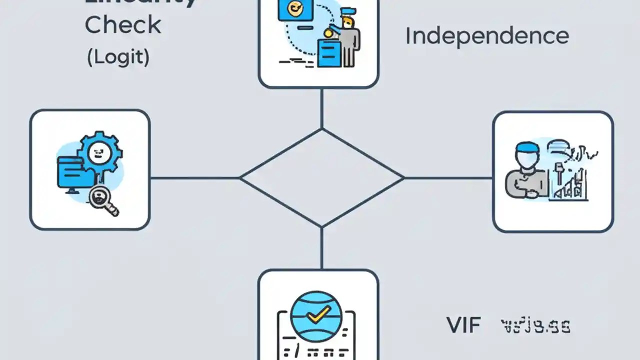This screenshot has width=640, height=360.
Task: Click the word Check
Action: [122, 25]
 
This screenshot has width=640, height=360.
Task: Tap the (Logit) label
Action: [118, 57]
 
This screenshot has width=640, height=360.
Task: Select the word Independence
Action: [486, 36]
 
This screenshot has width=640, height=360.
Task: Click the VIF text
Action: [463, 325]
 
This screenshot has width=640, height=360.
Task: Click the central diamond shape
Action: [321, 177]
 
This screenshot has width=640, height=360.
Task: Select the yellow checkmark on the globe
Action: [317, 314]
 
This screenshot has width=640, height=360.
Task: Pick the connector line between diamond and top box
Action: [321, 108]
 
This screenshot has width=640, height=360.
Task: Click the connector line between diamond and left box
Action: [195, 177]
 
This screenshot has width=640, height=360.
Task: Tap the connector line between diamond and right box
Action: [448, 177]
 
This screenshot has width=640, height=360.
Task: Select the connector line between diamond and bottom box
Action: [321, 248]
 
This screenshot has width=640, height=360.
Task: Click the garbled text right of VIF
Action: [535, 326]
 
